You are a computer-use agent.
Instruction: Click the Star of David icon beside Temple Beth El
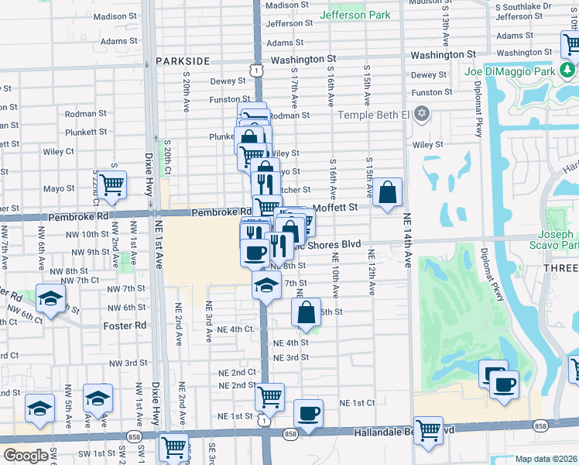tap(421, 115)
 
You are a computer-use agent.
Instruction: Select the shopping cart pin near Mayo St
tap(112, 184)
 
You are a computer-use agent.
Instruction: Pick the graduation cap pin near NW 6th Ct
tap(51, 298)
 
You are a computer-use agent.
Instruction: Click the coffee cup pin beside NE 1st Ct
tap(309, 412)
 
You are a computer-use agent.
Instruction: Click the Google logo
tap(26, 456)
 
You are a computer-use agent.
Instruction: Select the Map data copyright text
tap(546, 459)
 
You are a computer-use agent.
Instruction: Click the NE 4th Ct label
tap(236, 329)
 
